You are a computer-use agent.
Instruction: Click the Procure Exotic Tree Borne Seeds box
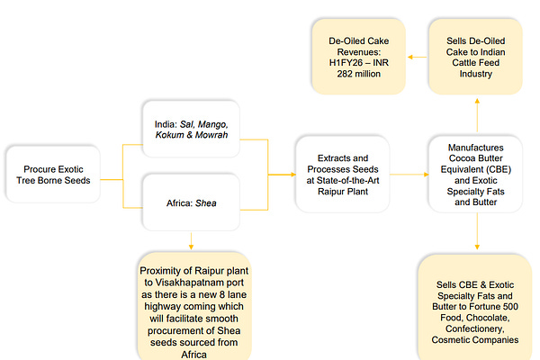(x=50, y=173)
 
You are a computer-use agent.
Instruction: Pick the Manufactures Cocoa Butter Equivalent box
(x=475, y=173)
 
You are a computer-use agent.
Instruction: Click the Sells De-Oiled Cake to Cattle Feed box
(x=475, y=58)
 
